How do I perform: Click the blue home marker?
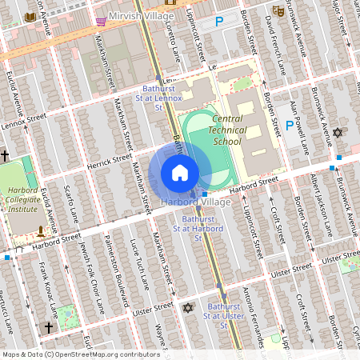[x=180, y=173]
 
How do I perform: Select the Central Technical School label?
[x=215, y=130]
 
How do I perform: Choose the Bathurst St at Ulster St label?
[x=222, y=311]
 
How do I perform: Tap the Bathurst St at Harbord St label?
[x=202, y=228]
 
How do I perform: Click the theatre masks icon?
[x=278, y=10]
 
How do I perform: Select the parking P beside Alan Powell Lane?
[x=290, y=125]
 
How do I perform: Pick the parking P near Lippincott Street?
[x=218, y=23]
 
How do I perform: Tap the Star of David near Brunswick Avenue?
[x=337, y=133]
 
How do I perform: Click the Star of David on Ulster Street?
[x=189, y=307]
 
